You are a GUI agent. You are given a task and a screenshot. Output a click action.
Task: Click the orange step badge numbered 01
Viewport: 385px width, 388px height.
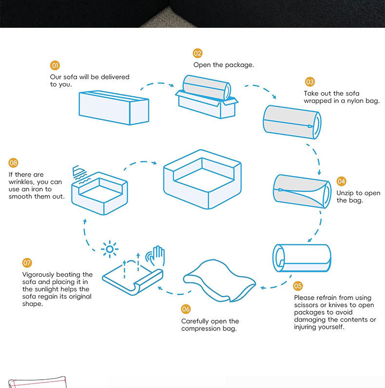(x=55, y=65)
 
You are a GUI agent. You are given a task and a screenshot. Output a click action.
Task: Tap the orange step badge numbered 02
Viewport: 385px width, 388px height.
(x=197, y=53)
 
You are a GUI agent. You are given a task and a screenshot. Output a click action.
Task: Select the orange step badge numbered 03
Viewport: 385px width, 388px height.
(x=310, y=82)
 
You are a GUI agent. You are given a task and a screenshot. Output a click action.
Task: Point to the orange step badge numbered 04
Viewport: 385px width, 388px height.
(x=341, y=181)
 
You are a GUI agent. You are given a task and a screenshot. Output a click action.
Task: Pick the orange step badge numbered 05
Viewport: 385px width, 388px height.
(x=298, y=286)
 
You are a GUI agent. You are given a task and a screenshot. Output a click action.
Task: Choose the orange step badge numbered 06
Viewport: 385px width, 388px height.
(x=186, y=309)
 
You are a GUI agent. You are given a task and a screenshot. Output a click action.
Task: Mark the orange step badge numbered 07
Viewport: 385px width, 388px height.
(x=27, y=263)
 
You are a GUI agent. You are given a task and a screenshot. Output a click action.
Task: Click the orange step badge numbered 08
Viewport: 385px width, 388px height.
(x=13, y=163)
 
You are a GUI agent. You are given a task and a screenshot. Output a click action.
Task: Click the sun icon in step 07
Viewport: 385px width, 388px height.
(x=110, y=250)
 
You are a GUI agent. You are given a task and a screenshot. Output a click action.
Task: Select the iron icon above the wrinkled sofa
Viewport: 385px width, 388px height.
(x=79, y=172)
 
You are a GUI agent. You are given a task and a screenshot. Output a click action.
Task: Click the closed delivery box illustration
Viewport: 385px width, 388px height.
(x=114, y=107)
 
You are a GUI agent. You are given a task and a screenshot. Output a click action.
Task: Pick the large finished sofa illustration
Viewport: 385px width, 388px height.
(x=202, y=179)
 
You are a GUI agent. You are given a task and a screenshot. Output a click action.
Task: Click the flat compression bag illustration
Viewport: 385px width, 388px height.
(x=219, y=281)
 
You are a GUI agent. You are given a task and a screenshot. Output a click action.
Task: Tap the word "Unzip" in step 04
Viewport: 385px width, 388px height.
(x=345, y=193)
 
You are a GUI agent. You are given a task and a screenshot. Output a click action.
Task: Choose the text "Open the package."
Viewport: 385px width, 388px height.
(x=224, y=64)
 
